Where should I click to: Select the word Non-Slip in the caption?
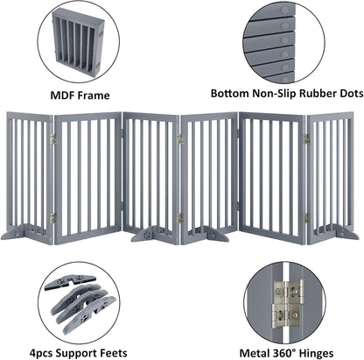coord(267,91)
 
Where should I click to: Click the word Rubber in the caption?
coord(311,91)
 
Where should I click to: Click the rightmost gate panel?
coord(332,171)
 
